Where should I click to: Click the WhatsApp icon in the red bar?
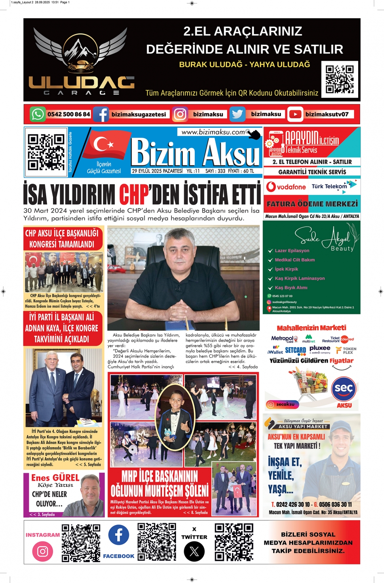point(38,114)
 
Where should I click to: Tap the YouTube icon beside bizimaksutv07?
point(295,114)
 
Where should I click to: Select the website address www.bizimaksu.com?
point(213,132)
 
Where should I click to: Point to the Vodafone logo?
point(286,187)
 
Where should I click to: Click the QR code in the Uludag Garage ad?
point(340,79)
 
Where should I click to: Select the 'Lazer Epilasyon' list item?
point(292,251)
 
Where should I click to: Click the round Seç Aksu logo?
point(344,389)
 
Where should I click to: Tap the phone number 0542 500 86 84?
point(68,114)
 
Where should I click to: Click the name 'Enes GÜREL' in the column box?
point(55,478)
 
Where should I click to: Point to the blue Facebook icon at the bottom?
point(119,535)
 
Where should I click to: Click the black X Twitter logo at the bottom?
point(194,551)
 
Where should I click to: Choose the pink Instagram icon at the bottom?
point(42,551)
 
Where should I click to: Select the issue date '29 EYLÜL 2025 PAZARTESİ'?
point(157,171)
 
